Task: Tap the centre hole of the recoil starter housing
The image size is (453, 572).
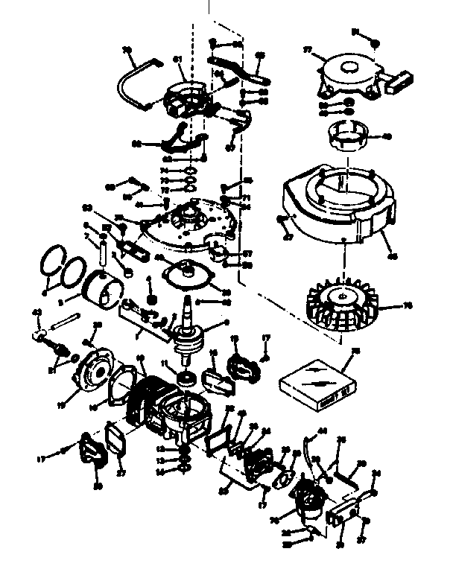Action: click(x=348, y=69)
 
